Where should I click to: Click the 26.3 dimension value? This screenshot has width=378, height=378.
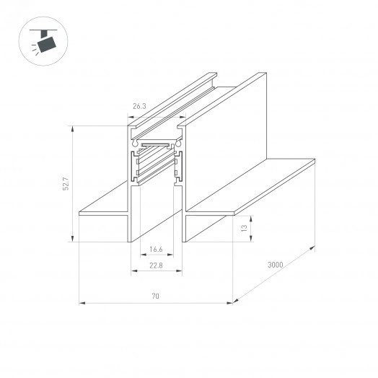tap(139, 105)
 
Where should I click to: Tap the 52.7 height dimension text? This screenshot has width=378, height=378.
tap(65, 185)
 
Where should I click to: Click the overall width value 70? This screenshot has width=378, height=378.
tap(155, 296)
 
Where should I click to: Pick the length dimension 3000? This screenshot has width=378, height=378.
tap(275, 265)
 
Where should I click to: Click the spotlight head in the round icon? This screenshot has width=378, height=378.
tap(48, 44)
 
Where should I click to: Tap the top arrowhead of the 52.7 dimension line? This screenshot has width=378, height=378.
tap(72, 126)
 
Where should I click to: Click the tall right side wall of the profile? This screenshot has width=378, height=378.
tap(231, 130)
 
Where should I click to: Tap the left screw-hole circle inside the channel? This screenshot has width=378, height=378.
tap(135, 144)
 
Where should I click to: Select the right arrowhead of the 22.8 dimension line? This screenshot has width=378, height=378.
tap(183, 272)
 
